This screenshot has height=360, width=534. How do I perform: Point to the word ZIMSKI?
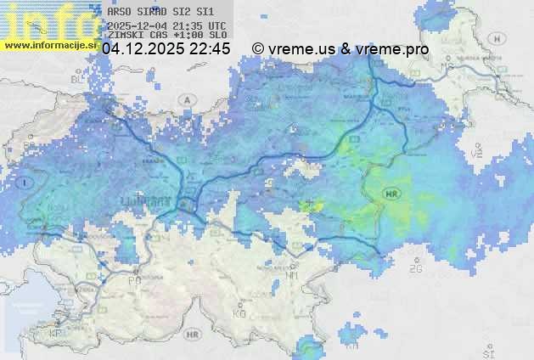(x=126, y=36)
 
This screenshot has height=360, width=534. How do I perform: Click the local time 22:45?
(x=210, y=49)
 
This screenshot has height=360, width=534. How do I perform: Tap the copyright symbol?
(x=258, y=49)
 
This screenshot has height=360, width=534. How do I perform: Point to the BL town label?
(x=79, y=79)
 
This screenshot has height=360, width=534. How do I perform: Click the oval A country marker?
(x=185, y=99)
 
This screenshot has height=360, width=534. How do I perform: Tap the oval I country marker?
(x=27, y=183)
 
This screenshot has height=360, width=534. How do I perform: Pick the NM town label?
(x=294, y=275)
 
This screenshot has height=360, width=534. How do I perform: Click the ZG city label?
(x=416, y=269)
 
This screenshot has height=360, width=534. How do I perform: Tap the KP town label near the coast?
(x=56, y=333)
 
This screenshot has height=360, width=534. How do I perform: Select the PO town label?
(x=133, y=279)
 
